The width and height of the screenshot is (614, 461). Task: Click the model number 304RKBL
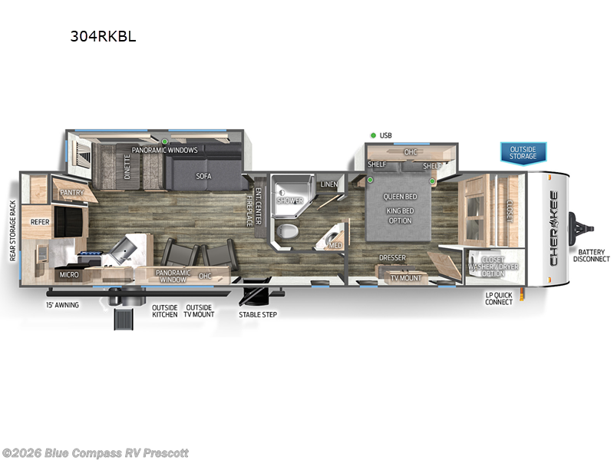tap(103, 35)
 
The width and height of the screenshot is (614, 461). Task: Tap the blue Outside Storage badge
tap(523, 152)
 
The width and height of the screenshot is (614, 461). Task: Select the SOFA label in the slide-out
tap(203, 176)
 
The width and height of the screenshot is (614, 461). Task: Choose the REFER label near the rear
tap(40, 222)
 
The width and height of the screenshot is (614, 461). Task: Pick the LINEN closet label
tap(328, 184)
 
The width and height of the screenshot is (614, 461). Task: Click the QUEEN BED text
tap(400, 197)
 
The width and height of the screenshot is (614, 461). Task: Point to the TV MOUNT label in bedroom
tap(406, 277)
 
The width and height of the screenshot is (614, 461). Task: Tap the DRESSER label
tap(391, 258)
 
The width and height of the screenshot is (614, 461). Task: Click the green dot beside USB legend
tap(373, 136)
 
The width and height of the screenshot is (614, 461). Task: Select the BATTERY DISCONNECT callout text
tap(592, 256)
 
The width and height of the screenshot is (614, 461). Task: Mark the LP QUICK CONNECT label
tap(499, 298)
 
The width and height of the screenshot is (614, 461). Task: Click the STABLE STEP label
tap(258, 314)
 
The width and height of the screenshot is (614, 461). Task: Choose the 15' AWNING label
tap(62, 305)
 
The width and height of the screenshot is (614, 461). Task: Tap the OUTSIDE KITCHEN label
tap(164, 310)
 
